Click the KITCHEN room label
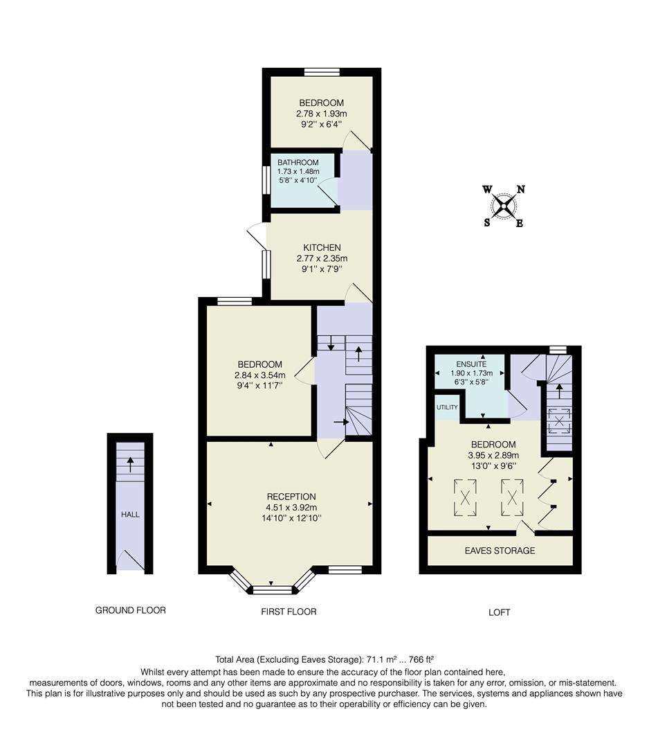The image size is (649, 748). point(322,247)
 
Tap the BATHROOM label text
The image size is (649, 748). point(298,163)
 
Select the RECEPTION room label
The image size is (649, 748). point(291,497)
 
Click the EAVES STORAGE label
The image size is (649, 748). point(500,551)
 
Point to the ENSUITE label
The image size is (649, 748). point(470,364)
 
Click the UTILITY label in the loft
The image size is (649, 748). point(447,407)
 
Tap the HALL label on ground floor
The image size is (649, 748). point(130,515)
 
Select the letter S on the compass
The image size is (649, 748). point(487,222)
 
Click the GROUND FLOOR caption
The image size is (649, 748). point(130,610)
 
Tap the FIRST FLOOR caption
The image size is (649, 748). point(289,612)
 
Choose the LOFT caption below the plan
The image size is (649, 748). point(499,612)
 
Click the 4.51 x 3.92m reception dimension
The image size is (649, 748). point(291,507)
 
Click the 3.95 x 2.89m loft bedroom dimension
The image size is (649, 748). point(493,455)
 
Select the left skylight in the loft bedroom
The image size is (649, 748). point(465,497)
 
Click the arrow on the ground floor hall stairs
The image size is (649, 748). point(130,464)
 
